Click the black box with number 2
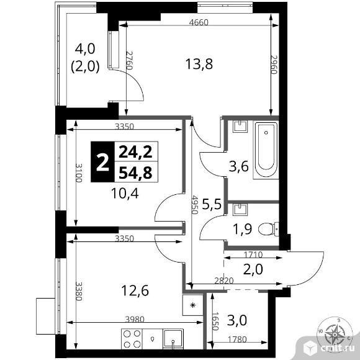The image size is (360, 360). pos(102,162)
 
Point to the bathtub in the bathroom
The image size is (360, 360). pos(268,151)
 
